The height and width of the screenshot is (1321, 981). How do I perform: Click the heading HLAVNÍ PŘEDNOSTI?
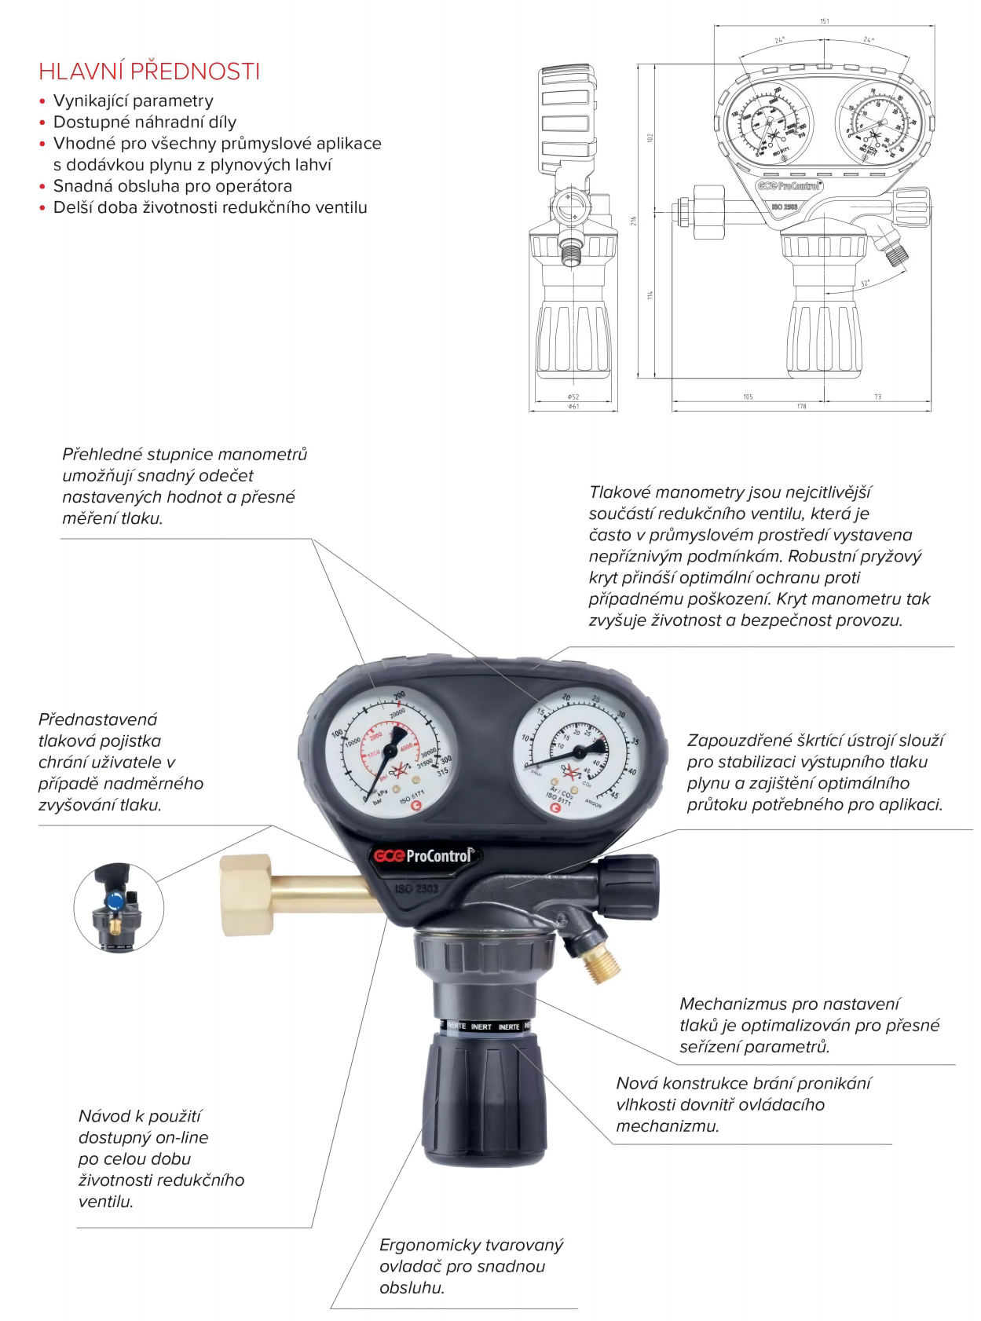pyautogui.click(x=149, y=71)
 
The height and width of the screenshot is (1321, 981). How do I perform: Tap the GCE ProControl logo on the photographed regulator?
pyautogui.click(x=425, y=855)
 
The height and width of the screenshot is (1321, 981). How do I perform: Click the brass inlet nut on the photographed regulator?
pyautogui.click(x=247, y=895)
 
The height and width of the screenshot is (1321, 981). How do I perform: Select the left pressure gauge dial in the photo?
pyautogui.click(x=390, y=752)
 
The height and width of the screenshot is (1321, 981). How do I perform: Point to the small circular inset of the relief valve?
pyautogui.click(x=118, y=907)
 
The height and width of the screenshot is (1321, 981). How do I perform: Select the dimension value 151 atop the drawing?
pyautogui.click(x=824, y=21)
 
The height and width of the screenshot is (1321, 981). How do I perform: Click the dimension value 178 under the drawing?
pyautogui.click(x=801, y=406)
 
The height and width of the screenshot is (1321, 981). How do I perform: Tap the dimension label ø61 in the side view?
pyautogui.click(x=573, y=406)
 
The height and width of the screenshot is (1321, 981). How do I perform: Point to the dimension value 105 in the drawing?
pyautogui.click(x=748, y=397)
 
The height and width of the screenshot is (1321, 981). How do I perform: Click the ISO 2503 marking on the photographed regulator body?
pyautogui.click(x=416, y=888)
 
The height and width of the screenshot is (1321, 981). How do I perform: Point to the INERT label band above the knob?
pyautogui.click(x=482, y=1026)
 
